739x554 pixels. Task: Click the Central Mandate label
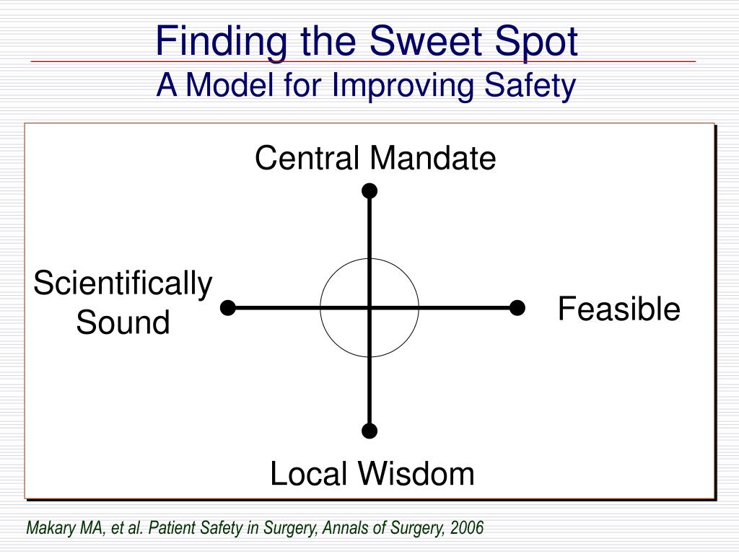[x=375, y=159]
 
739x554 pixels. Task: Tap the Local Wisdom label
[x=372, y=475]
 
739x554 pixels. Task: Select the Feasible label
[x=618, y=309]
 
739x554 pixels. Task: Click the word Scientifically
[x=123, y=284]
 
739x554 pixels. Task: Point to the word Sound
[x=123, y=322]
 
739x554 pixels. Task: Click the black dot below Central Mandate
[x=369, y=190]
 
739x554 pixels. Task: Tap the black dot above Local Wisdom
[x=369, y=431]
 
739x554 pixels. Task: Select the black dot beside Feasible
[x=517, y=308]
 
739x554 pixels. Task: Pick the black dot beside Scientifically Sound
[x=228, y=308]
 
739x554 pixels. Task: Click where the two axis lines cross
[x=369, y=308]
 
